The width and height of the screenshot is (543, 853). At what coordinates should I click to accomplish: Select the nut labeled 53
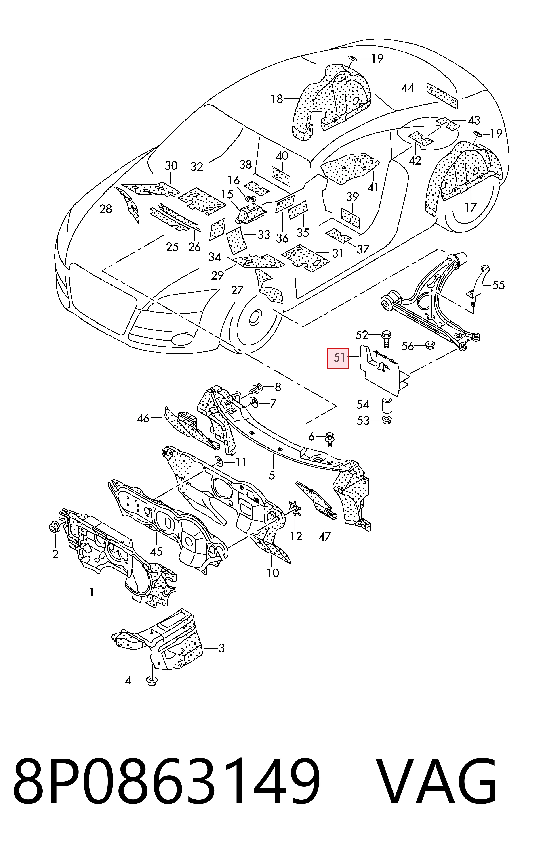point(387,421)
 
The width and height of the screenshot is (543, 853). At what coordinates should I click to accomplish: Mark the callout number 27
point(237,291)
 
